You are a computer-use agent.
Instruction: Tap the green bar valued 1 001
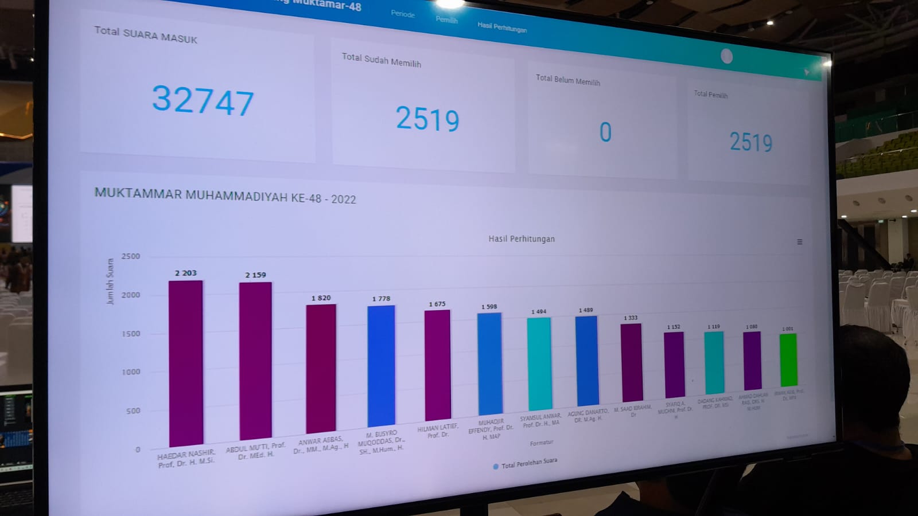click(788, 359)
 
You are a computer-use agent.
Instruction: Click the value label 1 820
click(321, 298)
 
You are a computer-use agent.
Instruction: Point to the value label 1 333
click(631, 318)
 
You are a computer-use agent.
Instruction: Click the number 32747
click(203, 100)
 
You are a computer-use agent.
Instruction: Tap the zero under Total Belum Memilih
click(605, 132)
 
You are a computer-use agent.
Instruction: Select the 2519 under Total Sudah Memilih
click(427, 119)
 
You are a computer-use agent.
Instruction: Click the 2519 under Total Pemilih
click(750, 142)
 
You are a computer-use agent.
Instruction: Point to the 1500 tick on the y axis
click(131, 334)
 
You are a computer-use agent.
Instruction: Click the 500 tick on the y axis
click(133, 411)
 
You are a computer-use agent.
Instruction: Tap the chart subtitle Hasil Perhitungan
click(522, 239)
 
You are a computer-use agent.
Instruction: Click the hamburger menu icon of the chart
click(800, 242)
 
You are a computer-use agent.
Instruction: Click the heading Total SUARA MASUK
click(146, 35)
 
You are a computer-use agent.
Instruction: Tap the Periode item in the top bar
click(403, 14)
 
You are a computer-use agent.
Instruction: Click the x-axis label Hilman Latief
click(438, 430)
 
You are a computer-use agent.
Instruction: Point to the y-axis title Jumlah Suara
click(110, 281)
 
